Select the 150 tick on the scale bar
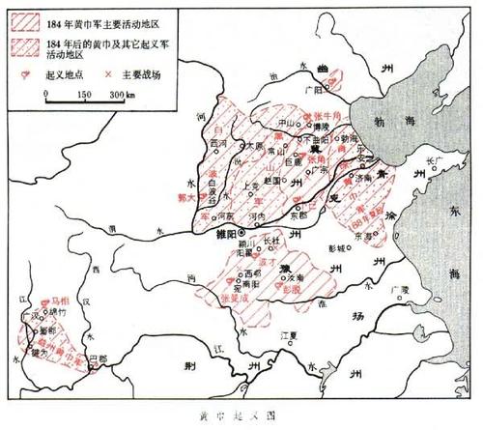(x=84, y=95)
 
